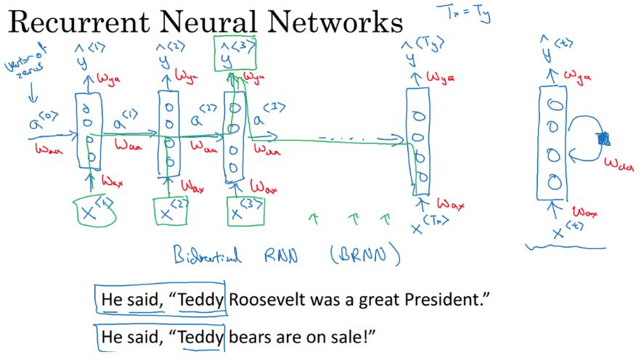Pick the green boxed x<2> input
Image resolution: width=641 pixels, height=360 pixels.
point(171,211)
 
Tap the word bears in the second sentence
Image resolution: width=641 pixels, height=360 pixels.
point(249,337)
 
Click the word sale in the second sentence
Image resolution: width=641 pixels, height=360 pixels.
point(356,337)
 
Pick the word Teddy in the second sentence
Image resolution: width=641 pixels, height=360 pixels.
point(202,337)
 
